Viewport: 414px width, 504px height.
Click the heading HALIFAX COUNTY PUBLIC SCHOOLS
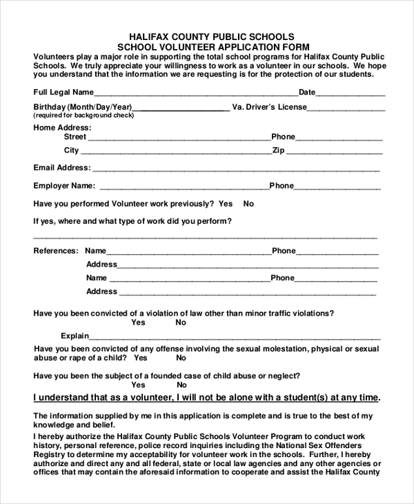212,37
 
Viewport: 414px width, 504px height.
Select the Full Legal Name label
63,92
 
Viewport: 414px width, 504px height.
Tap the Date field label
307,92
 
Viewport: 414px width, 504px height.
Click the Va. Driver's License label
270,107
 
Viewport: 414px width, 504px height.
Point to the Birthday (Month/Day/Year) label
82,107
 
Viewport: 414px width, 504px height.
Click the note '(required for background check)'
83,115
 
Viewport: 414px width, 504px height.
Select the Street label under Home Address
75,137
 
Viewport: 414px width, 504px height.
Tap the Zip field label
279,150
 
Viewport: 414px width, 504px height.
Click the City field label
72,150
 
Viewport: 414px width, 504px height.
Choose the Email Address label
61,168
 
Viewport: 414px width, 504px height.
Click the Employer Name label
63,186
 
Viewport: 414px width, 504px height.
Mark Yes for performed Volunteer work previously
226,204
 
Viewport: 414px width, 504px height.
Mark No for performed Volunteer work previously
248,204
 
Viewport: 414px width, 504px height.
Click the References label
56,251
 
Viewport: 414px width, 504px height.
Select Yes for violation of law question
138,322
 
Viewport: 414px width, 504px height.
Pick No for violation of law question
181,322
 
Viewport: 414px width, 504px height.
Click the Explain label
75,336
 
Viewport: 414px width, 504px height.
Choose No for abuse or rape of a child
179,358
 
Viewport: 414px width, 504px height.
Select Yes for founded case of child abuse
138,385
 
